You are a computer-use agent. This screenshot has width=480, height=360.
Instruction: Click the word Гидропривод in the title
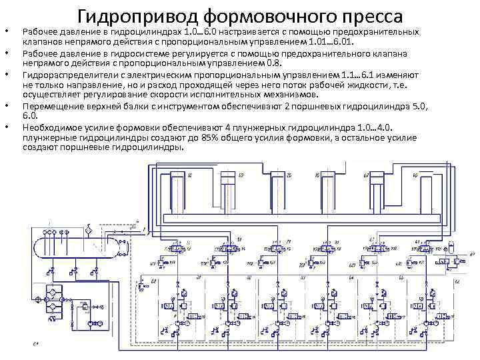(x=128, y=14)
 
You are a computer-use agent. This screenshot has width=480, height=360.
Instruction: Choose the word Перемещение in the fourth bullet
(x=52, y=107)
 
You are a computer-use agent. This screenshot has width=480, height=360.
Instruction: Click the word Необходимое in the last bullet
(x=52, y=127)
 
